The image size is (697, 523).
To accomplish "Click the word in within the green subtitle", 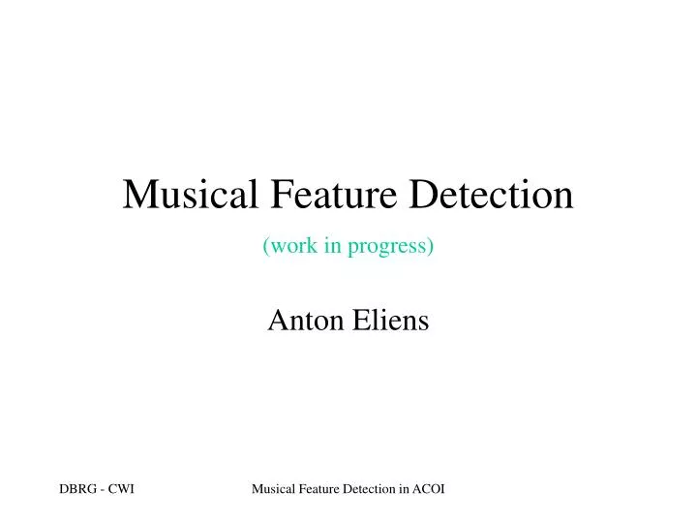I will pyautogui.click(x=332, y=247).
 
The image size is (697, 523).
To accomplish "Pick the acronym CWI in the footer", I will pyautogui.click(x=121, y=490).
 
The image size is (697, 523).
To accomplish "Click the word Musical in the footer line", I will pyautogui.click(x=273, y=490).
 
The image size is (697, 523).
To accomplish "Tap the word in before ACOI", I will pyautogui.click(x=405, y=490).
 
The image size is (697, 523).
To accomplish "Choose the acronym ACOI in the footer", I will pyautogui.click(x=430, y=490).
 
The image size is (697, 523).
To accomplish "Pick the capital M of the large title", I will pyautogui.click(x=139, y=196).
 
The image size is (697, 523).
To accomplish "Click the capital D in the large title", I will pyautogui.click(x=420, y=196).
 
